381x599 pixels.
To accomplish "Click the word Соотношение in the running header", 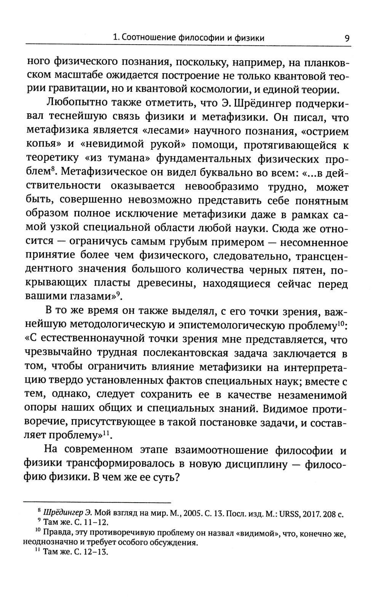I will (x=144, y=38).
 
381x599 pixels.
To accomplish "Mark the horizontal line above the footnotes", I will (x=97, y=502).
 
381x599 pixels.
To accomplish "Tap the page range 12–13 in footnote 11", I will (x=97, y=552).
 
